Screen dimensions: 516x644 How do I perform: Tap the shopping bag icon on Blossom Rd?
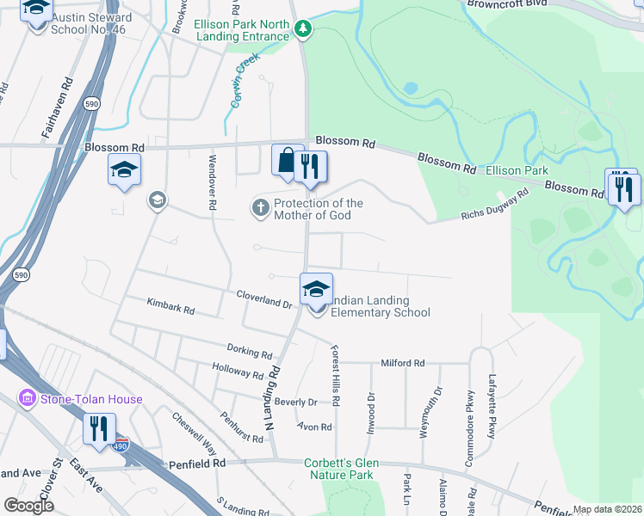pos(286,161)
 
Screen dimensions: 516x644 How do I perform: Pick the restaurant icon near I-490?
pos(99,428)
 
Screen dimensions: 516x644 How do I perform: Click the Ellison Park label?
pos(517,171)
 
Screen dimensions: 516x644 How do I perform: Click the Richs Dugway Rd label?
pos(494,206)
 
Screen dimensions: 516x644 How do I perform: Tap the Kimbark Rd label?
pos(170,304)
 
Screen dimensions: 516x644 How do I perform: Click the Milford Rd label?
pos(403,364)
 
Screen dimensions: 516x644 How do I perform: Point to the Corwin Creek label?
pos(243,89)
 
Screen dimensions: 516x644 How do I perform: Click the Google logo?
pos(28,506)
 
